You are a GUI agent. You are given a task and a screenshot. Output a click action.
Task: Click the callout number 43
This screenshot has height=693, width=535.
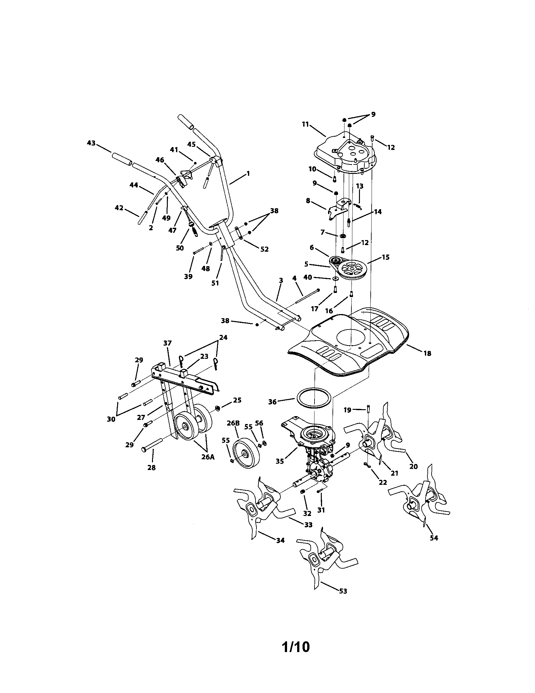click(91, 143)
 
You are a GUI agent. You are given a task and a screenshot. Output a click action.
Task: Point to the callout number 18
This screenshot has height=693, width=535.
click(427, 353)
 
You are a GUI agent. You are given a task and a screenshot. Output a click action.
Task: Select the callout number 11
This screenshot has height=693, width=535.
click(305, 124)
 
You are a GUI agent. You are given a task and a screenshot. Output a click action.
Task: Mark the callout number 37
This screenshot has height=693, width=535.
click(168, 343)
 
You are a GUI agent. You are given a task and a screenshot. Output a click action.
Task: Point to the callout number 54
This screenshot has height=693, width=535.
click(434, 538)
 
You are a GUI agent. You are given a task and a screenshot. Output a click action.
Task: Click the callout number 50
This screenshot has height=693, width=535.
click(180, 248)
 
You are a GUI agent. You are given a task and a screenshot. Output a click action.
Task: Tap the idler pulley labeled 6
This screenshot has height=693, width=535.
click(334, 261)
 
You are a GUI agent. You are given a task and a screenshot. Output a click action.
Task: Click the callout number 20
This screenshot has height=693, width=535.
click(413, 467)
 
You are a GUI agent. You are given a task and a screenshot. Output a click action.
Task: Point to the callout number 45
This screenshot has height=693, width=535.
click(191, 144)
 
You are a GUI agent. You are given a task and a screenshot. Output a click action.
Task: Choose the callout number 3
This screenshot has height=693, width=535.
click(281, 280)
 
